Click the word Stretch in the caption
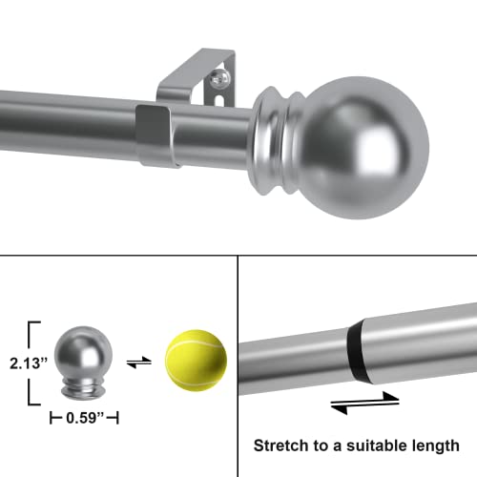point(281,445)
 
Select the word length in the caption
point(434,445)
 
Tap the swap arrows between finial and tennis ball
point(137,363)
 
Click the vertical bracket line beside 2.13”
point(34,364)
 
